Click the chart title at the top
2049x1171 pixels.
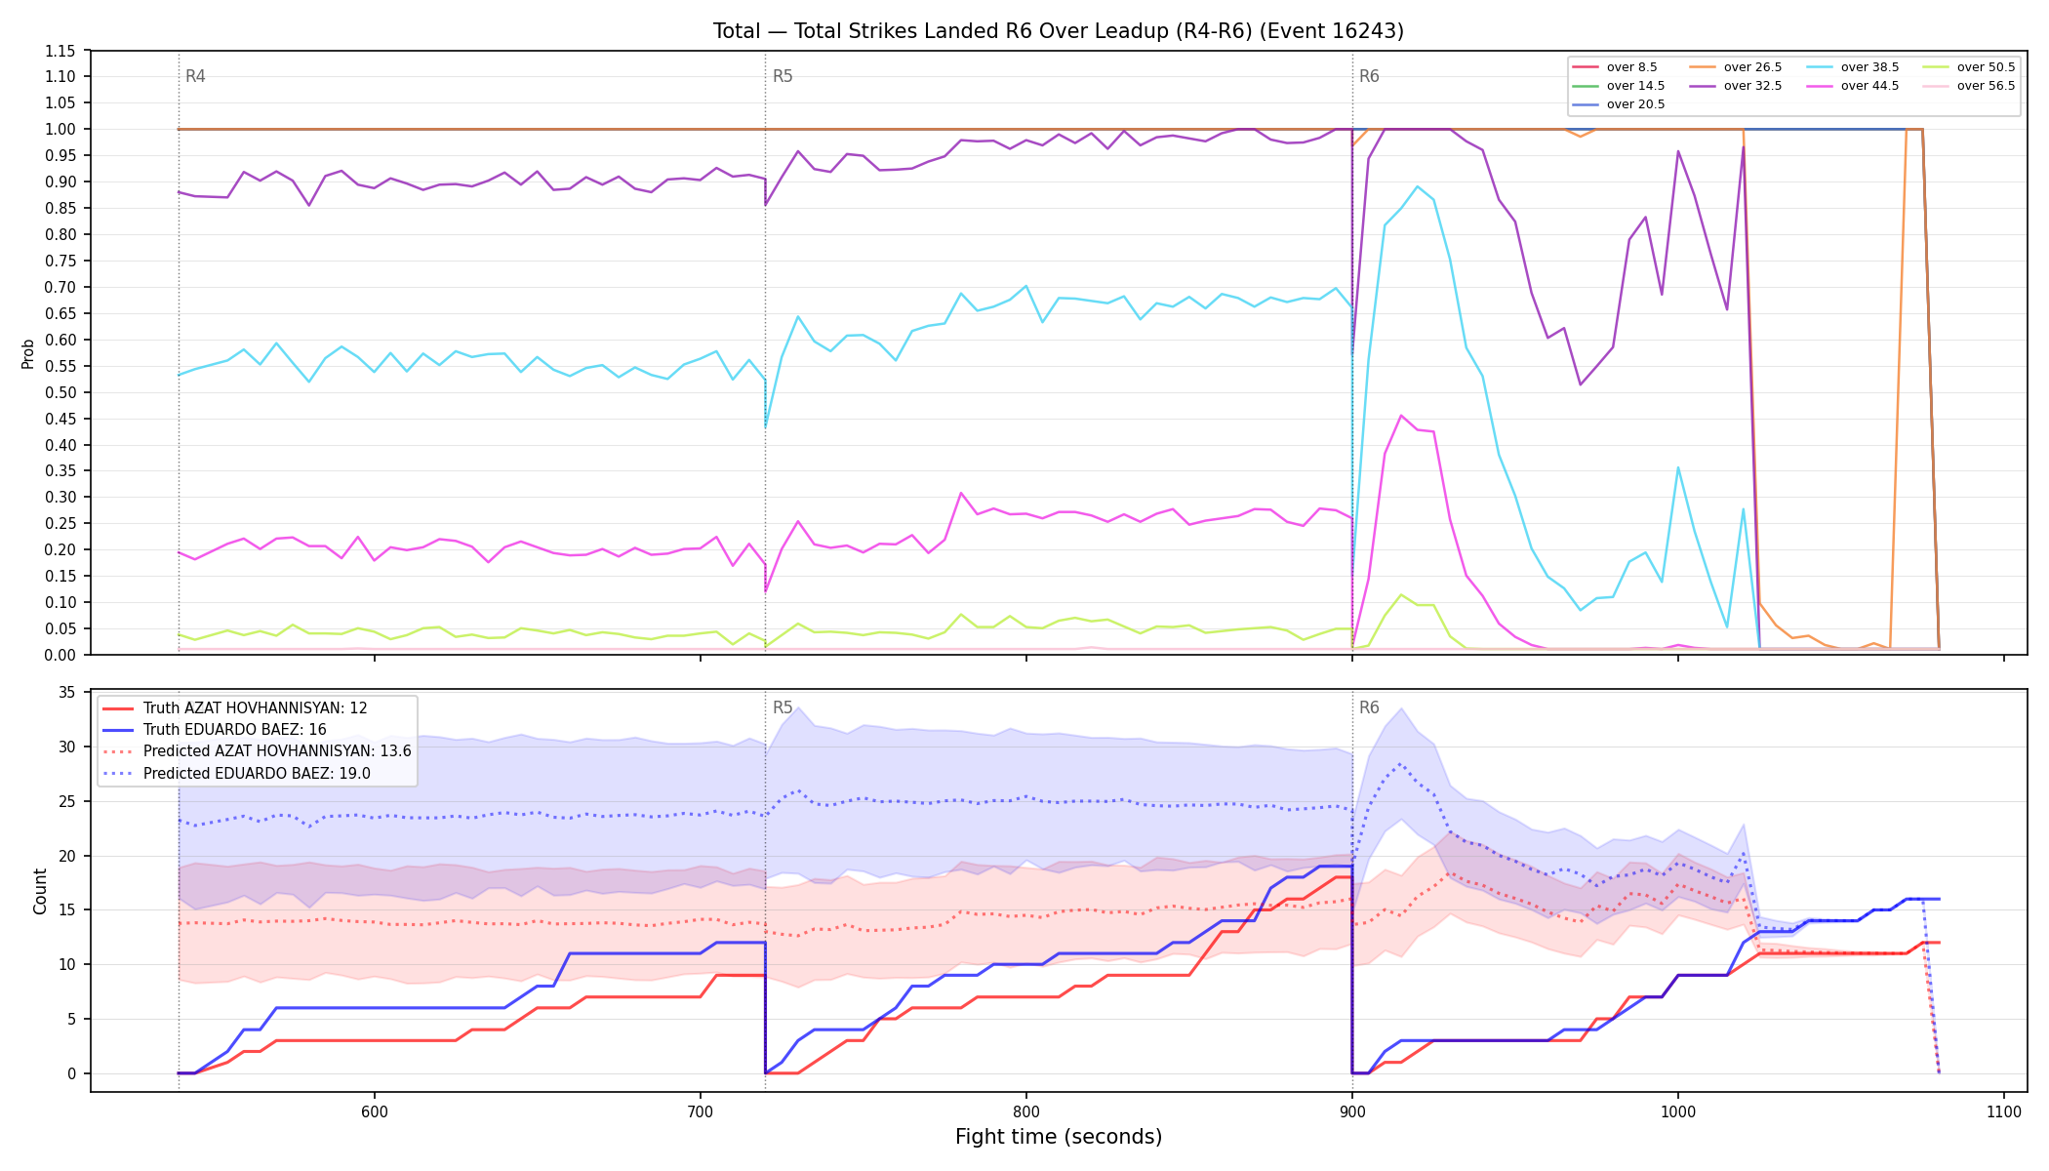pyautogui.click(x=1059, y=31)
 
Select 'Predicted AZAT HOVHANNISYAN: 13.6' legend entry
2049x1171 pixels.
pyautogui.click(x=257, y=751)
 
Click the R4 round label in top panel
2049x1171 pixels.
pyautogui.click(x=195, y=76)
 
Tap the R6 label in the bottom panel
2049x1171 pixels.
pyautogui.click(x=1369, y=707)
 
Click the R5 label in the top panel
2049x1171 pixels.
pyautogui.click(x=783, y=76)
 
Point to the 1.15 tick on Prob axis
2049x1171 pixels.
pyautogui.click(x=60, y=51)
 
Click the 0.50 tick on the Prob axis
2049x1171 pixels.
pyautogui.click(x=60, y=392)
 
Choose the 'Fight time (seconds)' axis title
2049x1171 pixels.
pyautogui.click(x=1059, y=1137)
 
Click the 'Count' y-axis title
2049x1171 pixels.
pyautogui.click(x=40, y=891)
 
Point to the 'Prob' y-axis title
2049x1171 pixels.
pyautogui.click(x=28, y=353)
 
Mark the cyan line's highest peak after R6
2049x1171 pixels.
pyautogui.click(x=1417, y=186)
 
